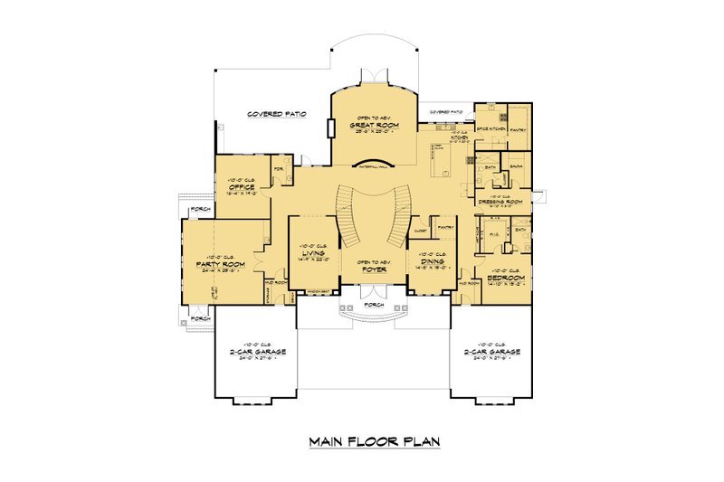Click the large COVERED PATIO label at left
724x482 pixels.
coord(276,115)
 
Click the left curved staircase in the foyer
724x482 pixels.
coord(348,216)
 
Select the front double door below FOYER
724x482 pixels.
coord(371,291)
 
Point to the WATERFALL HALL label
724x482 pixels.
coord(371,168)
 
